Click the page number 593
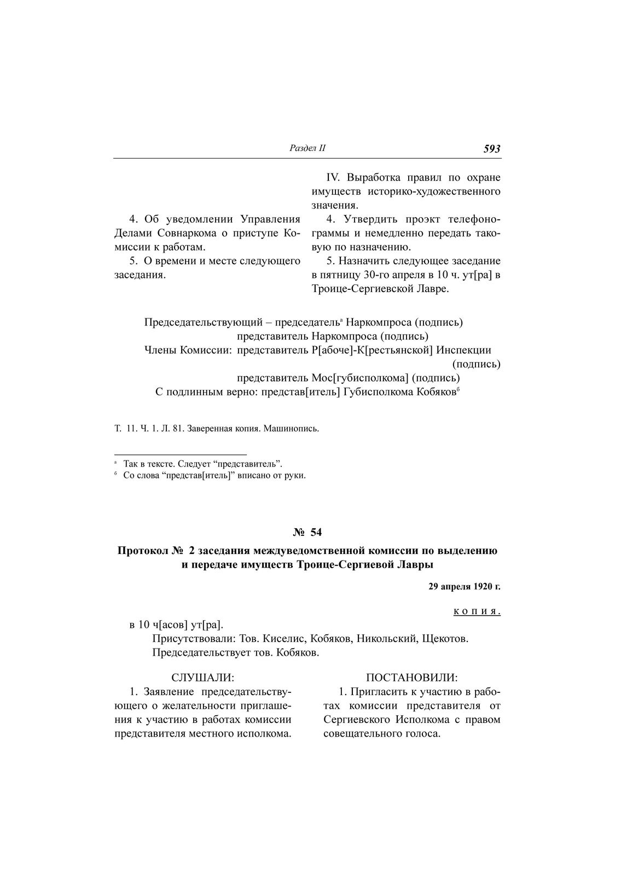pos(492,149)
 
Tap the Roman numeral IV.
pos(334,178)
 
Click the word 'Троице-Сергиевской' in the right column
pos(362,289)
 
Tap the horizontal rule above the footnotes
pos(181,454)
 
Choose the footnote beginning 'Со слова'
pos(213,475)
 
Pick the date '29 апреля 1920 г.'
pos(465,587)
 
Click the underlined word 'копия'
pos(477,611)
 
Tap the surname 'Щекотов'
pos(445,638)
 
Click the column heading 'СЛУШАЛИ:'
pos(202,678)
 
